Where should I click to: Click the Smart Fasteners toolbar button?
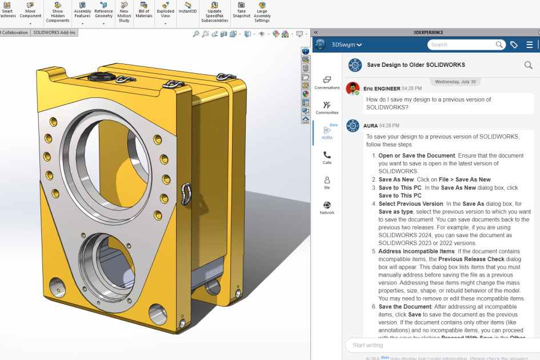7,10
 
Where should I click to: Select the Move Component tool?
30,10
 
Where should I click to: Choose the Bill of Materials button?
144,10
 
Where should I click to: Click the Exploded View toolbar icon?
165,10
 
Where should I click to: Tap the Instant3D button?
187,7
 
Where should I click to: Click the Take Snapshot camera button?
241,10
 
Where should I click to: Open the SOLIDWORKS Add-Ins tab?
54,33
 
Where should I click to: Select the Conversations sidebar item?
327,83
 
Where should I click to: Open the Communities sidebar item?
327,107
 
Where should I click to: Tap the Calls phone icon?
327,157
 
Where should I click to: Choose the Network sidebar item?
327,207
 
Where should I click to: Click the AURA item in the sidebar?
327,133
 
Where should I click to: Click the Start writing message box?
440,345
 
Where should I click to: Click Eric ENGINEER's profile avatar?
353,89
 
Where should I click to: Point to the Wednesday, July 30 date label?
455,82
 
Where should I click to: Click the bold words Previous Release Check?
466,259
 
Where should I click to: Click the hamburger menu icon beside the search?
530,45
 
